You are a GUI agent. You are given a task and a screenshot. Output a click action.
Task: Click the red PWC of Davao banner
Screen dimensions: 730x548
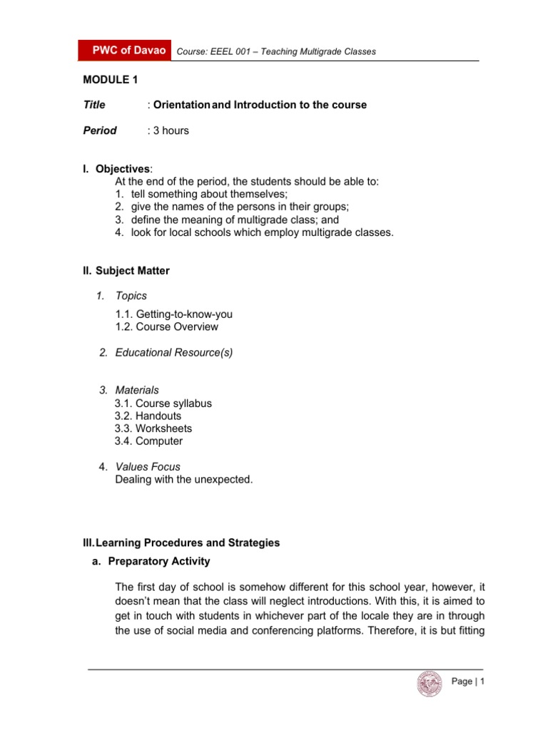[126, 51]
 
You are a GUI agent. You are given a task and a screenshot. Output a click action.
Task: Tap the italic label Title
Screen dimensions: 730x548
[94, 105]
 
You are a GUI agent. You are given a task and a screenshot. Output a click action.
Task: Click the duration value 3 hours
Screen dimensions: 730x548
[170, 130]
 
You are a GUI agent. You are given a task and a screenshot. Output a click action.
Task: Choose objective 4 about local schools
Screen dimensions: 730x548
[253, 232]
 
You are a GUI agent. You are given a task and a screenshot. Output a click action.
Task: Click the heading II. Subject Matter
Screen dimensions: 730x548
[126, 271]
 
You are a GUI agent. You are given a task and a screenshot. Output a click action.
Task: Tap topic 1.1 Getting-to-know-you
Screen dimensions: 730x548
[173, 314]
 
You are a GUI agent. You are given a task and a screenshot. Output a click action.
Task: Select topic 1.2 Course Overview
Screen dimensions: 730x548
[166, 327]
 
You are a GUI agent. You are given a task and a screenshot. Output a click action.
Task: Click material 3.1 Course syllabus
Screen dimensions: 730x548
[163, 403]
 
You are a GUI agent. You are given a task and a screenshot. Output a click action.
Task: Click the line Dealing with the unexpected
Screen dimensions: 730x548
[183, 480]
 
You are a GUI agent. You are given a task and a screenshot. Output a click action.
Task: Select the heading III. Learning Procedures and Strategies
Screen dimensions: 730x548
[181, 543]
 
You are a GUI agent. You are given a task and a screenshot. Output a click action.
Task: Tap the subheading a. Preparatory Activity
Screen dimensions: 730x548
[152, 561]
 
